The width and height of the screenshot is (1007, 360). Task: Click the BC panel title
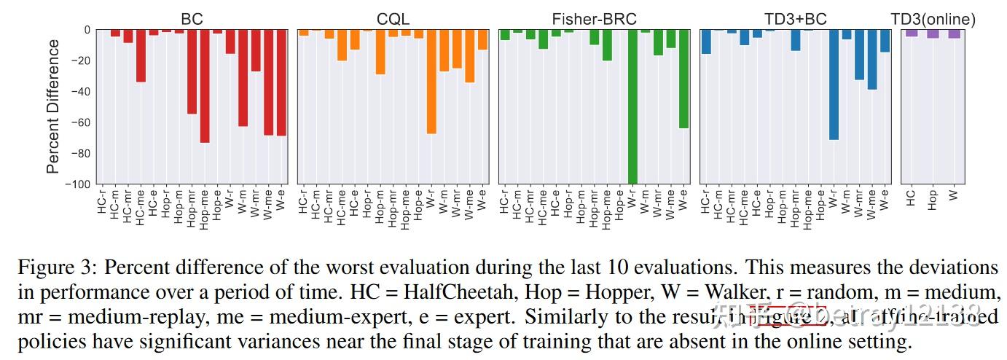[192, 20]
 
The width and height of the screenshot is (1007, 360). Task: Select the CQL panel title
[393, 20]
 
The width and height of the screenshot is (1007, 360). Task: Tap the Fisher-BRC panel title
[594, 20]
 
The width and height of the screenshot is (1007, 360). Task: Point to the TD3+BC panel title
[795, 20]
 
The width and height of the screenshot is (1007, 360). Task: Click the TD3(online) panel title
[933, 20]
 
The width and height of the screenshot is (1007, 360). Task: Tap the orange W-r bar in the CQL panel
[431, 82]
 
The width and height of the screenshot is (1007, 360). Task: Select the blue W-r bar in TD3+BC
[834, 85]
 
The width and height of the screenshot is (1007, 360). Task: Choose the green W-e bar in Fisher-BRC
[683, 79]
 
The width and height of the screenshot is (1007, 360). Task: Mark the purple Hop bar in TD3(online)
[933, 34]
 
